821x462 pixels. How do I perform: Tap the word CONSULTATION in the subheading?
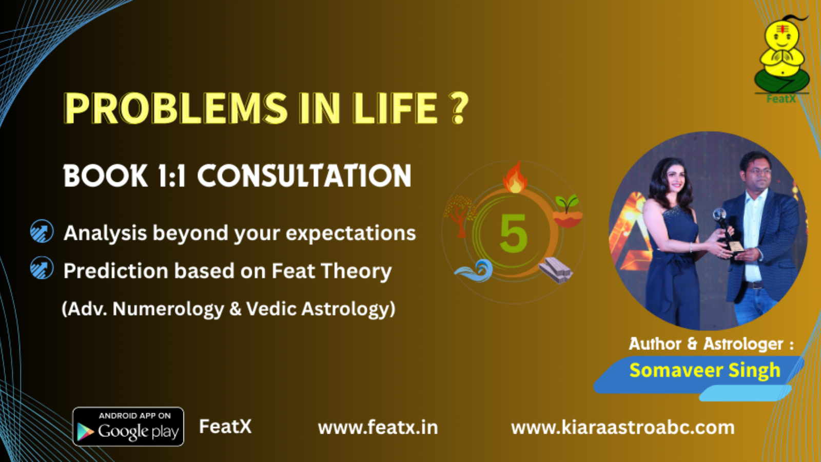point(305,176)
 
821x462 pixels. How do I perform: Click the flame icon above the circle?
point(515,178)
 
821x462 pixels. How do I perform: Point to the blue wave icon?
point(474,271)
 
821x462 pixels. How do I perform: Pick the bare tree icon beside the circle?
point(459,216)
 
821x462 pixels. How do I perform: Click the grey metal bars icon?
point(556,270)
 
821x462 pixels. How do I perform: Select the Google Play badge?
point(128,427)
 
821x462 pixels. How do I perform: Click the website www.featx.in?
point(378,428)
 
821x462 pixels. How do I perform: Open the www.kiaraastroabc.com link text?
point(623,428)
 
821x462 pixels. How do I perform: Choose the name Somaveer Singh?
point(705,371)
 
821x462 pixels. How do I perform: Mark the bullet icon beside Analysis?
point(42,231)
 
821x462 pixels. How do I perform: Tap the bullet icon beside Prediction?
point(42,267)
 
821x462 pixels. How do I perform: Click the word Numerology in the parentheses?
point(168,309)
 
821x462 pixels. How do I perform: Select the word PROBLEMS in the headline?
point(175,108)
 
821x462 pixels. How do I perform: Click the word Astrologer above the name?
point(744,344)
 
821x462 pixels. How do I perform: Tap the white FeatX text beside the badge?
point(225,427)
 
